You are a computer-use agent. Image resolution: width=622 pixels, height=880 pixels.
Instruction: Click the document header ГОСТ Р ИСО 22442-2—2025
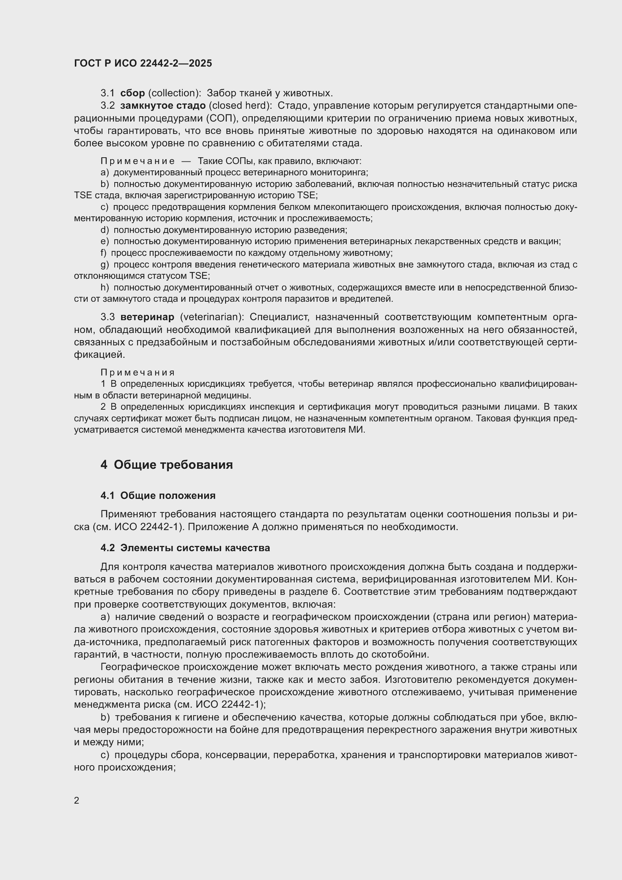coord(143,63)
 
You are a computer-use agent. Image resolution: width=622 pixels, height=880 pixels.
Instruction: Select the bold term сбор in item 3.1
coord(132,93)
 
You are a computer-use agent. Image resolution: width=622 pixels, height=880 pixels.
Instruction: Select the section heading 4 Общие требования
coord(167,465)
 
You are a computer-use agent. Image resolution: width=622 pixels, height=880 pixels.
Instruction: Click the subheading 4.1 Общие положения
coord(158,495)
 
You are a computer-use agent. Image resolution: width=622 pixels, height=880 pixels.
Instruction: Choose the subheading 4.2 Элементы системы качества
coord(185,548)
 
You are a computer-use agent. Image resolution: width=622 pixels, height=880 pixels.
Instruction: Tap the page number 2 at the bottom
coord(77,800)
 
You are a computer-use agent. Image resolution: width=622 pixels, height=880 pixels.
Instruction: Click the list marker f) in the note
coord(103,253)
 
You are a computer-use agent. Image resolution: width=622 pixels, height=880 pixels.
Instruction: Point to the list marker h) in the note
coord(105,287)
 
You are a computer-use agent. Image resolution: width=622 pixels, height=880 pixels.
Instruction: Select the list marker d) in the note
coord(105,230)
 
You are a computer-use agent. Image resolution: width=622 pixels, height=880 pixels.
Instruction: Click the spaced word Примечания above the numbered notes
coord(138,372)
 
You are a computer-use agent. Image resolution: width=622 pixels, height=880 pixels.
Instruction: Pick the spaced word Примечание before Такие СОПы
coord(138,161)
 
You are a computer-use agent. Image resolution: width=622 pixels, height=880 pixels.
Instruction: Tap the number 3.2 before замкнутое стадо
coord(108,106)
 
